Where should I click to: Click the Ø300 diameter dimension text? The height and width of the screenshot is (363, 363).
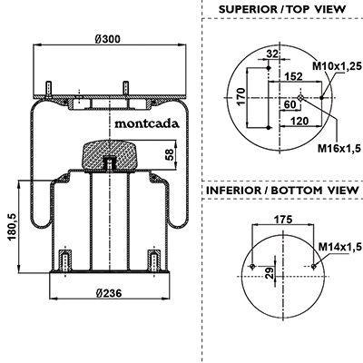coord(107,39)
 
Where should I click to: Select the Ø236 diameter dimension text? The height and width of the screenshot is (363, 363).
coord(109,293)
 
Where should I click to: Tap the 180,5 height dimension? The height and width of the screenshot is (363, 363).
coord(12,227)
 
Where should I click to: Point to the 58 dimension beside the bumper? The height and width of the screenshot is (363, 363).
coord(171,154)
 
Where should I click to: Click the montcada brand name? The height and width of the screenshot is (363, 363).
coord(147,123)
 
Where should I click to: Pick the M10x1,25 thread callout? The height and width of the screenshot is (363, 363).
coord(337,65)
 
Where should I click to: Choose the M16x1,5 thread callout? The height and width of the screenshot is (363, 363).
coord(339,148)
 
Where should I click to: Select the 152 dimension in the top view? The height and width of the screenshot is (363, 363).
coord(293,76)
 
